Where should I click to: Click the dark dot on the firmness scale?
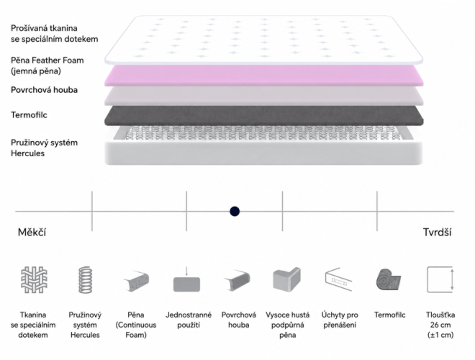point(235,211)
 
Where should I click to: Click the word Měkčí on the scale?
point(32,233)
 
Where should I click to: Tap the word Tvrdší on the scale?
point(437,233)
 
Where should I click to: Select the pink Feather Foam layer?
point(263,76)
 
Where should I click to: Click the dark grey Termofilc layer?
point(263,115)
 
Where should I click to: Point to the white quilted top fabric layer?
point(263,40)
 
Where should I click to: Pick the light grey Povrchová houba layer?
point(263,96)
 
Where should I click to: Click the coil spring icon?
point(86,279)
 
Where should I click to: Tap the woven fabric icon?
point(34,279)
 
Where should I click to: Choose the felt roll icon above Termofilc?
point(389,279)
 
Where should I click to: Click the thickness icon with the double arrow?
point(440,279)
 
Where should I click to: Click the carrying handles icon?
point(338,279)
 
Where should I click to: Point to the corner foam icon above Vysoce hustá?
point(286,279)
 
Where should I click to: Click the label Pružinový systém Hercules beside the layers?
point(44,148)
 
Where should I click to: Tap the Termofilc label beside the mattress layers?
point(29,115)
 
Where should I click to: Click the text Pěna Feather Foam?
point(47,60)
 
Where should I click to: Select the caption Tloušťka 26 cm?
point(440,320)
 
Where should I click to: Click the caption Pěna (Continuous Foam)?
point(136,325)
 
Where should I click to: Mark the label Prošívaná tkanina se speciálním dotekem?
point(55,34)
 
